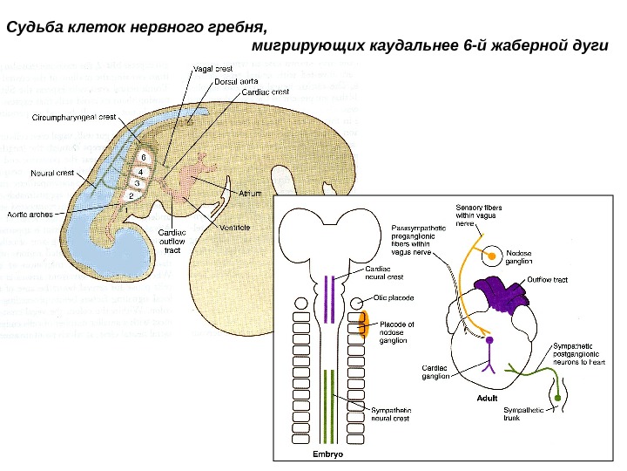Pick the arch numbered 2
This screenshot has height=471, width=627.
coord(131,196)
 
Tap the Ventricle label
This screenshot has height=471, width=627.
coord(234,227)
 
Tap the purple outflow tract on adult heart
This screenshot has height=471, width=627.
coord(500,295)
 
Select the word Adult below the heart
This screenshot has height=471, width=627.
coord(487,398)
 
